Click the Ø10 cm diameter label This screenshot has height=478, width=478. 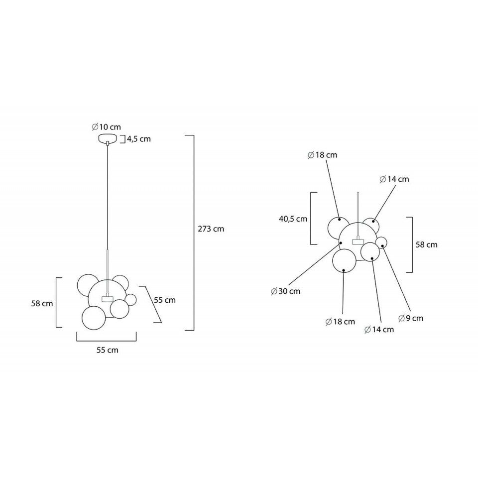[x=107, y=127]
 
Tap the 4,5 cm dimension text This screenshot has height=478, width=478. [x=139, y=139]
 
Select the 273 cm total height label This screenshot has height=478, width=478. [x=211, y=229]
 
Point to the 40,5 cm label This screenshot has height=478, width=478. [x=293, y=219]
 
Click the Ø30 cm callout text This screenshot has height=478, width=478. [x=286, y=291]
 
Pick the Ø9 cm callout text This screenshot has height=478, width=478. [x=411, y=318]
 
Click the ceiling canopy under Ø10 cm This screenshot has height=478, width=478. [x=108, y=138]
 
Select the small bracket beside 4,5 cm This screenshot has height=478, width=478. [x=124, y=139]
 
